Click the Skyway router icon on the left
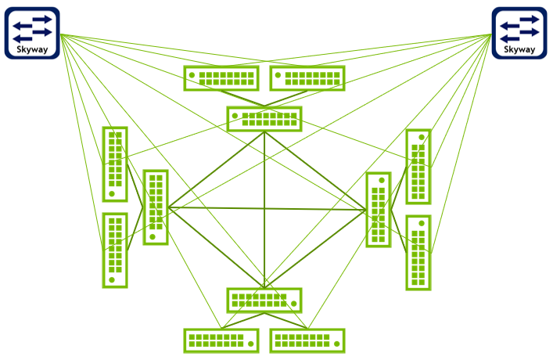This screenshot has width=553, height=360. (x=33, y=33)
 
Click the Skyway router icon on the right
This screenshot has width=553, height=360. (x=519, y=33)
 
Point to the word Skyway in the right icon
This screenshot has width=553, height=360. (x=519, y=49)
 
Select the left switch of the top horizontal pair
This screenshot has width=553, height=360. (x=221, y=78)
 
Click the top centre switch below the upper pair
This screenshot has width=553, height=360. (x=264, y=119)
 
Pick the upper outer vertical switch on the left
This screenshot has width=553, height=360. (x=115, y=164)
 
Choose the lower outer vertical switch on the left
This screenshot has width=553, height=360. (x=115, y=250)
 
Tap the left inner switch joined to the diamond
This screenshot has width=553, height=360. (x=155, y=207)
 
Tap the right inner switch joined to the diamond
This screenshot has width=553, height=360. (x=379, y=209)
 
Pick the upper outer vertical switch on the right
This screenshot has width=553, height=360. (x=418, y=167)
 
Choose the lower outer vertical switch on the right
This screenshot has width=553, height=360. (x=418, y=252)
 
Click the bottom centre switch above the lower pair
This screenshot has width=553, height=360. (x=264, y=300)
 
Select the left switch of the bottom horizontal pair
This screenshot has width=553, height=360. (x=221, y=340)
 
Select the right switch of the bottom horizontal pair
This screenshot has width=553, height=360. (x=307, y=340)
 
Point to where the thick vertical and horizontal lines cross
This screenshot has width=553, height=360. (x=264, y=208)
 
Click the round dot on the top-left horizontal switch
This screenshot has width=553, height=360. (x=192, y=76)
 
